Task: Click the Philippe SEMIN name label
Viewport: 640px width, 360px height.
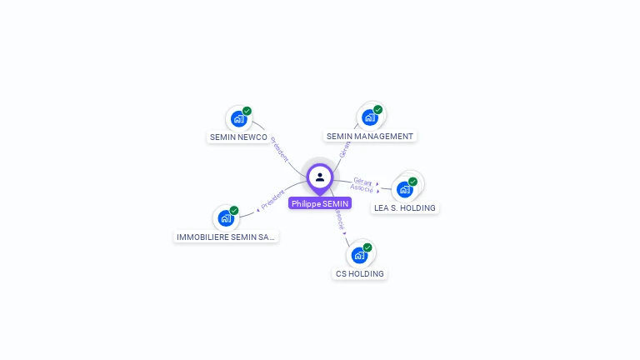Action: pyautogui.click(x=320, y=203)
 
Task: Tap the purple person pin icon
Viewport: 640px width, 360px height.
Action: pyautogui.click(x=320, y=177)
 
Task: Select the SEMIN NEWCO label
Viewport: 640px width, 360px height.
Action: pyautogui.click(x=238, y=137)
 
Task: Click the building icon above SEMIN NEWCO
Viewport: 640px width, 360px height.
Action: pyautogui.click(x=238, y=118)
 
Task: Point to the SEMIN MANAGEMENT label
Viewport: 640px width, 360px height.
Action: pyautogui.click(x=369, y=136)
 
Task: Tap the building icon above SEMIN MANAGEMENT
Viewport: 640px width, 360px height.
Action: pyautogui.click(x=369, y=117)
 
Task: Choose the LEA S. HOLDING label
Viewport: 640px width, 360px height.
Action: pyautogui.click(x=404, y=207)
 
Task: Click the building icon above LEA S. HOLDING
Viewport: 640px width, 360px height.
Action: pyautogui.click(x=405, y=189)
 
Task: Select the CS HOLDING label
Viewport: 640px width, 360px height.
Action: pyautogui.click(x=359, y=273)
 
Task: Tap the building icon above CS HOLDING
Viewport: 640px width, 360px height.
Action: pyautogui.click(x=359, y=255)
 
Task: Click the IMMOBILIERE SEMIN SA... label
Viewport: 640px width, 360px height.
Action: pyautogui.click(x=226, y=237)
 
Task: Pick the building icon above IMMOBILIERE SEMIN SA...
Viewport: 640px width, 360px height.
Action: pyautogui.click(x=225, y=218)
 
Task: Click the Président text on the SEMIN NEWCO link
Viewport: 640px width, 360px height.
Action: pyautogui.click(x=280, y=150)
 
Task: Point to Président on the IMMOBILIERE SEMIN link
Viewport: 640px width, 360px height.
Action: pyautogui.click(x=272, y=198)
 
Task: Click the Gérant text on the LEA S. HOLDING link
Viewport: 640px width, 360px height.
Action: pyautogui.click(x=362, y=181)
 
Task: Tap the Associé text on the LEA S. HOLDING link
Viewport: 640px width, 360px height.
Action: pyautogui.click(x=362, y=188)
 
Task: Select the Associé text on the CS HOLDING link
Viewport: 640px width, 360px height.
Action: pyautogui.click(x=339, y=219)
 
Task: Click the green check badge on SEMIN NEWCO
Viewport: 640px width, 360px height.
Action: pyautogui.click(x=247, y=111)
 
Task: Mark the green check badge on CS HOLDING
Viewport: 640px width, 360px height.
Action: pyautogui.click(x=367, y=247)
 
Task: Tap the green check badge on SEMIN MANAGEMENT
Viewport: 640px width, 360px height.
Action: pyautogui.click(x=377, y=110)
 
